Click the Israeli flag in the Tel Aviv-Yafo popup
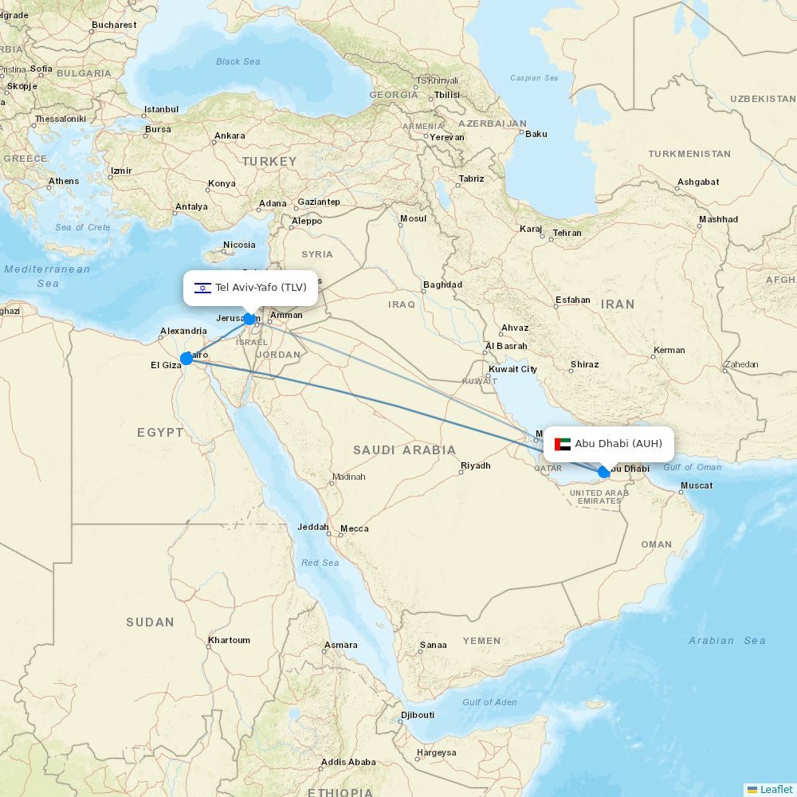pyautogui.click(x=202, y=288)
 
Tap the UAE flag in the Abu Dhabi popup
pyautogui.click(x=563, y=444)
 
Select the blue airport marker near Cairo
pyautogui.click(x=186, y=359)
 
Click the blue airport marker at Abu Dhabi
pyautogui.click(x=604, y=472)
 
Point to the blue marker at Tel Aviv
pyautogui.click(x=249, y=319)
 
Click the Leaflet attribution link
pyautogui.click(x=775, y=789)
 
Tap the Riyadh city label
pyautogui.click(x=476, y=465)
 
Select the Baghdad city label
pyautogui.click(x=442, y=285)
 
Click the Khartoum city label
pyautogui.click(x=229, y=640)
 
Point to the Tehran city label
pyautogui.click(x=567, y=233)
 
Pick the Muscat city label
pyautogui.click(x=697, y=485)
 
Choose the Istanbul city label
pyautogui.click(x=161, y=109)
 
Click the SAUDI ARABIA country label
pyautogui.click(x=405, y=450)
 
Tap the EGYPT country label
pyautogui.click(x=160, y=433)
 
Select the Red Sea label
pyautogui.click(x=320, y=563)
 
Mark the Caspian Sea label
pyautogui.click(x=534, y=78)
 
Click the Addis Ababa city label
pyautogui.click(x=348, y=762)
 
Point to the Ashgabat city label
pyautogui.click(x=698, y=182)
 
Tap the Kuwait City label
pyautogui.click(x=512, y=369)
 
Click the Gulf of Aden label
pyautogui.click(x=489, y=702)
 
